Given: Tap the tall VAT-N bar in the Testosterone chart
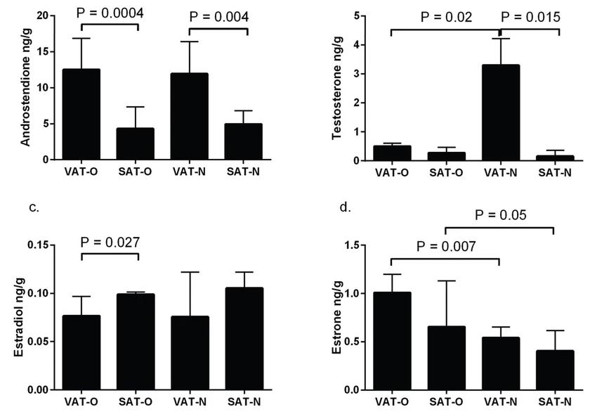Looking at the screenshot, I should point(500,112).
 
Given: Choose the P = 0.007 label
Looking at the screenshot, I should point(447,246).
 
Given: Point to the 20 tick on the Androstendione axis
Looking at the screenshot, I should point(42,15).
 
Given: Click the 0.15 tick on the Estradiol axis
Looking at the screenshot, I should point(37,245).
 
